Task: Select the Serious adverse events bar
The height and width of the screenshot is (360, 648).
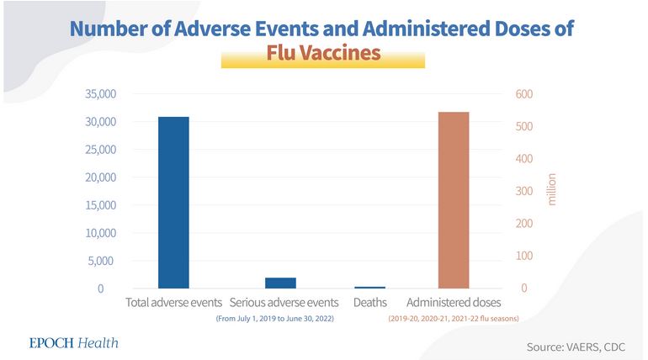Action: (280, 283)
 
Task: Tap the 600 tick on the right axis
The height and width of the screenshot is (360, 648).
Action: (525, 94)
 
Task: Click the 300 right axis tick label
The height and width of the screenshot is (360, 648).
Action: (525, 192)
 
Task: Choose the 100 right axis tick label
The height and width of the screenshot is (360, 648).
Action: (525, 256)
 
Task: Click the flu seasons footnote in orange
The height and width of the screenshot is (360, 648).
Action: (454, 319)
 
